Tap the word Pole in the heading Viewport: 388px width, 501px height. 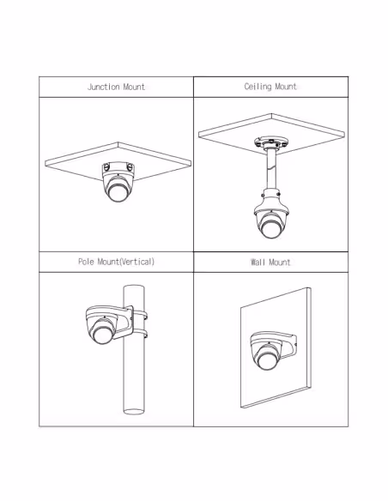click(x=87, y=262)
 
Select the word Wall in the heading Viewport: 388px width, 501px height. click(x=258, y=263)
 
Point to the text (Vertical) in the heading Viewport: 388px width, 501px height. click(x=137, y=262)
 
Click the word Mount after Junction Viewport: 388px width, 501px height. click(x=134, y=87)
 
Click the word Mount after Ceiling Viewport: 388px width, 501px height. click(x=286, y=87)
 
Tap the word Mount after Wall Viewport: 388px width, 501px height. click(x=280, y=263)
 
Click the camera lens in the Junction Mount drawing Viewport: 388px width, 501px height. click(x=118, y=192)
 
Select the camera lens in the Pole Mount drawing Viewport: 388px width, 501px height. click(x=102, y=333)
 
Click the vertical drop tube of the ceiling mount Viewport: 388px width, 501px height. click(x=271, y=169)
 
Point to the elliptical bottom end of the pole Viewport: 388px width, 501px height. click(x=134, y=412)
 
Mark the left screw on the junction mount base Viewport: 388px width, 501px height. click(x=106, y=166)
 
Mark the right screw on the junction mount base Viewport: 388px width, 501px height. click(x=130, y=166)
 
